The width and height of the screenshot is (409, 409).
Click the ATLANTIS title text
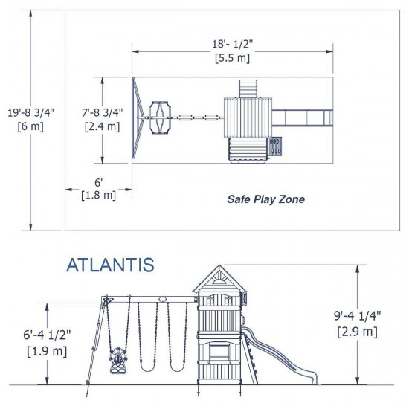(110, 265)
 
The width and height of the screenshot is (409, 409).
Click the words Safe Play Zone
(265, 199)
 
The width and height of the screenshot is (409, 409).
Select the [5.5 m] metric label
(231, 57)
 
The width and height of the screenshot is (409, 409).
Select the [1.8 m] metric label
(98, 196)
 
